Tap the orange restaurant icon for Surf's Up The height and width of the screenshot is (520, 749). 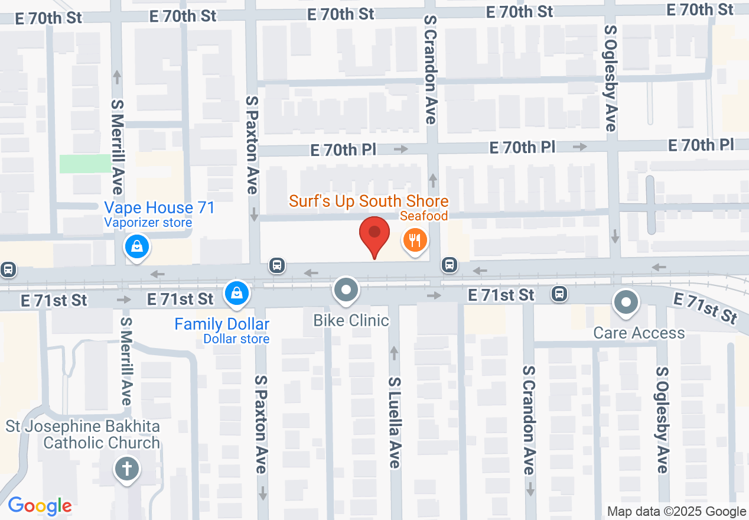[415, 240]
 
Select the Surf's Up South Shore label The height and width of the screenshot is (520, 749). [369, 201]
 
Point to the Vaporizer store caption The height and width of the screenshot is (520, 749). [148, 223]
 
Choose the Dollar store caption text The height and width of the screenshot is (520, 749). [236, 339]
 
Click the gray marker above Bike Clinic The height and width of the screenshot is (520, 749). [347, 290]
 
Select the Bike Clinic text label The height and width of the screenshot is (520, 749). [351, 320]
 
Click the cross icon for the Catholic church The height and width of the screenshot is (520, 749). [126, 470]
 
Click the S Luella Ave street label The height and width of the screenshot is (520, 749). [394, 422]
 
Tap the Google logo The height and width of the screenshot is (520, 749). [40, 506]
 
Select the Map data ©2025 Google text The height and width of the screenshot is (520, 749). [677, 512]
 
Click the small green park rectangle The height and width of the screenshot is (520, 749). [85, 164]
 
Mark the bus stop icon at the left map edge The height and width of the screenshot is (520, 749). [8, 270]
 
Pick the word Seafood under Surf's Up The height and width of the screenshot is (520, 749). [424, 216]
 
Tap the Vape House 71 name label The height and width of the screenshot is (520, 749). [159, 208]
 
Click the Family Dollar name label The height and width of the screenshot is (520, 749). [222, 324]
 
